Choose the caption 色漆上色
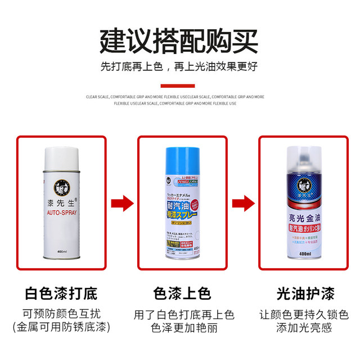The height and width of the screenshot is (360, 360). [x=182, y=294]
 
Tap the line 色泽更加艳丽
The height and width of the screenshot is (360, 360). [x=182, y=327]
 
